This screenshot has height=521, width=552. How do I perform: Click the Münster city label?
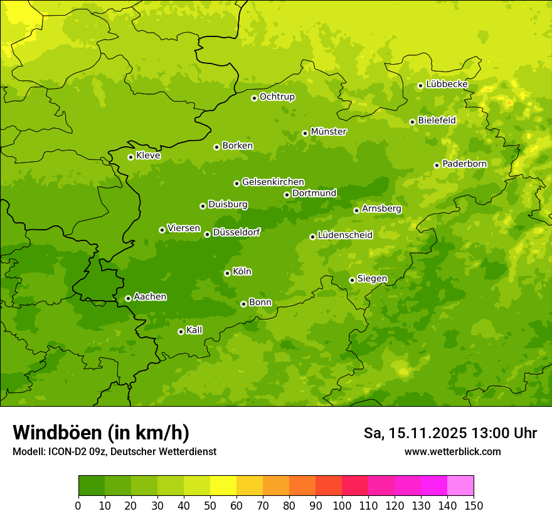click(x=329, y=132)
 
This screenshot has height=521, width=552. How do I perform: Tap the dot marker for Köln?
click(x=227, y=273)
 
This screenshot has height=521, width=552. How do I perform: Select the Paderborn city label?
click(x=464, y=164)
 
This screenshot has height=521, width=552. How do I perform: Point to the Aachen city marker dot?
click(x=128, y=298)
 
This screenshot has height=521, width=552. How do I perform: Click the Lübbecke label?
click(x=447, y=84)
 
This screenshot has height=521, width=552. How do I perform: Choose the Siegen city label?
click(x=372, y=279)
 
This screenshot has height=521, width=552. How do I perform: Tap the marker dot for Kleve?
click(x=130, y=157)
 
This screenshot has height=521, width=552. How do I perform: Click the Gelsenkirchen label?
click(x=273, y=182)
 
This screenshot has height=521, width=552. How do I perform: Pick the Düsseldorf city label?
click(x=236, y=232)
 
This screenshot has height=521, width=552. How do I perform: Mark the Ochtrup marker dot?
click(x=254, y=98)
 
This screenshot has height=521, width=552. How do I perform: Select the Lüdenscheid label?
click(x=345, y=235)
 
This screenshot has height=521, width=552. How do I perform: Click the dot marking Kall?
click(x=181, y=331)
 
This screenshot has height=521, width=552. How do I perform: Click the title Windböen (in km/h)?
click(x=100, y=432)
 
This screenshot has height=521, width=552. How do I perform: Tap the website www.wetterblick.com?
click(x=452, y=451)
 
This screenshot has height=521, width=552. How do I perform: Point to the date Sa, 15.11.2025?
click(x=415, y=433)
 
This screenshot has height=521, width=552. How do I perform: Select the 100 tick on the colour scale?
click(x=342, y=505)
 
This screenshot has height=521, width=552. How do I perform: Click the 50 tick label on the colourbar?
click(x=210, y=505)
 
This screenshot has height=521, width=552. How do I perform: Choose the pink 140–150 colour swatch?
click(x=460, y=486)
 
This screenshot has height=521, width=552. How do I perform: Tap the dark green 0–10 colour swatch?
click(x=92, y=486)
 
